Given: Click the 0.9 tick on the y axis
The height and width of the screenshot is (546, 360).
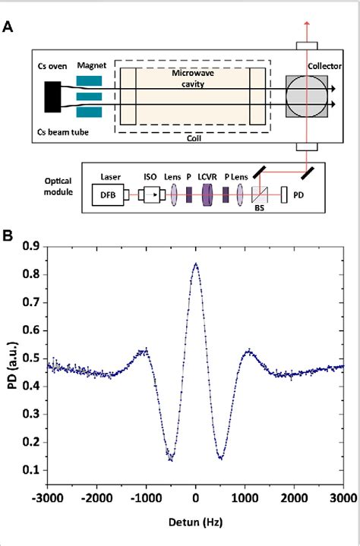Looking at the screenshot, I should click(x=33, y=246).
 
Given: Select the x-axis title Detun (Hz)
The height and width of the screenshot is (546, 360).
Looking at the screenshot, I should click(x=196, y=524).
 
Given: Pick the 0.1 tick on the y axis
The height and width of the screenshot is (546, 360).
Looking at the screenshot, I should click(x=33, y=470).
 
